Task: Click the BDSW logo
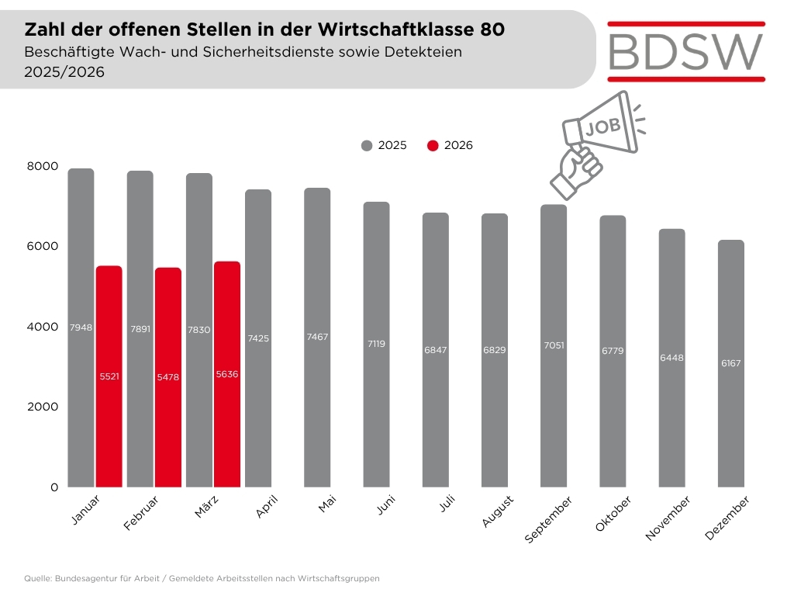point(686,50)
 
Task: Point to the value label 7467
point(317,338)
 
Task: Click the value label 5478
point(168,376)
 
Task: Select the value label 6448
point(671,358)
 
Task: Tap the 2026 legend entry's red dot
point(433,145)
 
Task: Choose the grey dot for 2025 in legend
point(367,145)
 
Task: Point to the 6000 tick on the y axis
point(43,246)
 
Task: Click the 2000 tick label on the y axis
point(43,407)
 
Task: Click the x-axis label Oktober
point(613,515)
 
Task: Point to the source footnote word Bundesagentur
point(85,579)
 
